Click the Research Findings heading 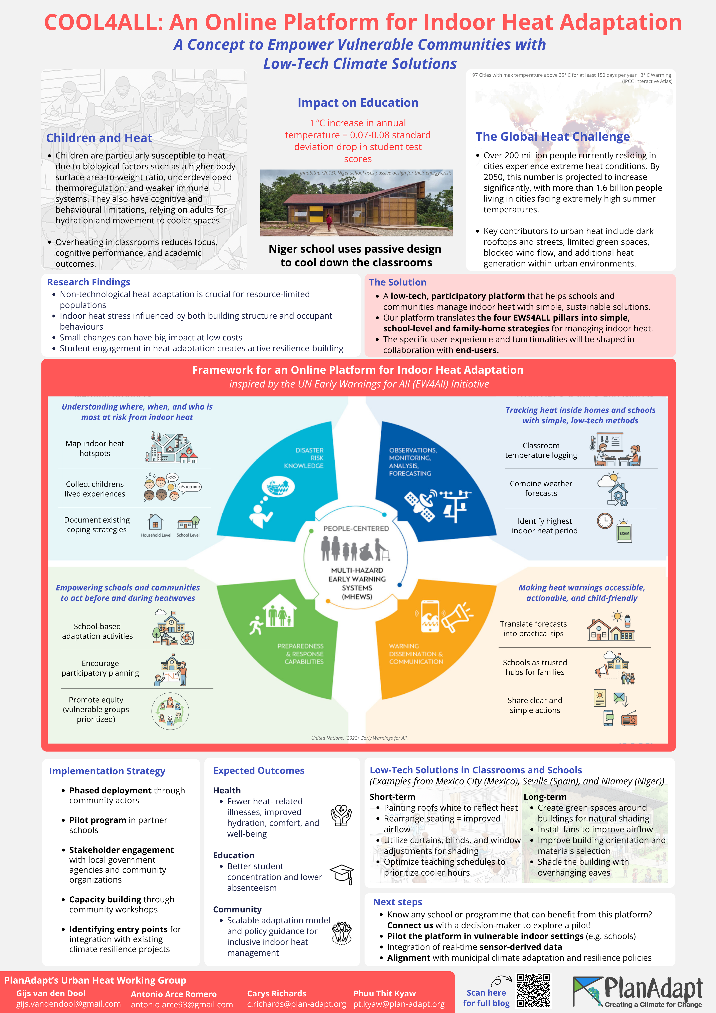pyautogui.click(x=89, y=282)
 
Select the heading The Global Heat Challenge pyautogui.click(x=552, y=137)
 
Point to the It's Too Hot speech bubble pyautogui.click(x=190, y=487)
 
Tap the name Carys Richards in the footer pyautogui.click(x=277, y=993)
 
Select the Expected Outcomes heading pyautogui.click(x=259, y=770)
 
